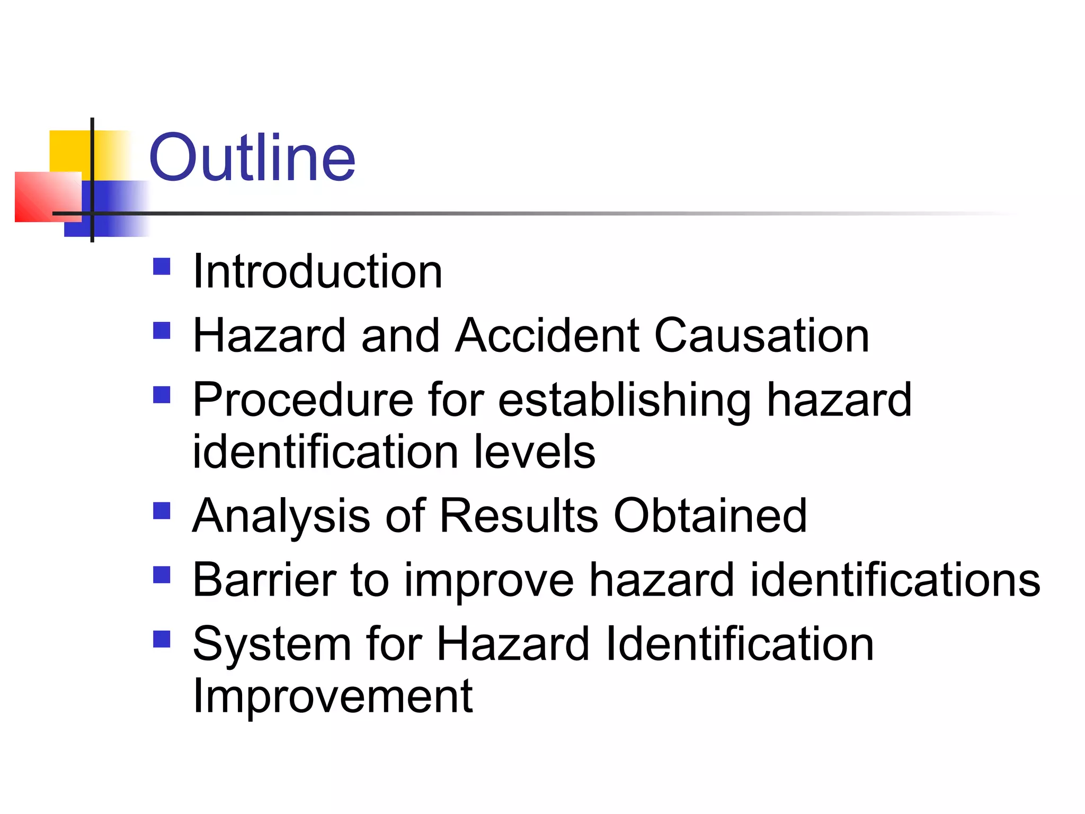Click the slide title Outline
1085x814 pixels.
pos(252,157)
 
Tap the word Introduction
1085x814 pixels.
pos(317,272)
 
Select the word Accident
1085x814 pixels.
pos(547,335)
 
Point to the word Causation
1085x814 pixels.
pos(761,335)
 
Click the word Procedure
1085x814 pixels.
pos(303,400)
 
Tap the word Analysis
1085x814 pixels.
pos(281,517)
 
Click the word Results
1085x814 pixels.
pos(519,516)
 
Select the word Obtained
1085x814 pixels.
pos(710,516)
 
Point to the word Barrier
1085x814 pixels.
pos(264,580)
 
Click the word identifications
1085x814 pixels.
pos(895,580)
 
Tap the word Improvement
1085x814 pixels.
pos(332,696)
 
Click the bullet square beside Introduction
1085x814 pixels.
pos(162,267)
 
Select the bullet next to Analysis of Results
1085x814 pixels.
pos(162,511)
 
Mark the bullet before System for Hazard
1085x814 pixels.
pos(162,639)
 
